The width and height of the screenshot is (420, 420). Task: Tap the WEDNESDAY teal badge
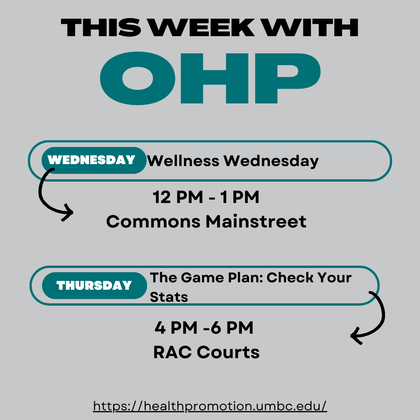[92, 160]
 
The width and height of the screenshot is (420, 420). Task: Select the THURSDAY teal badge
[94, 286]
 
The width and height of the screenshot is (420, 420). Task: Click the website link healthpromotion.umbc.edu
[210, 406]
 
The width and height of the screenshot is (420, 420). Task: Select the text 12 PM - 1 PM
[206, 198]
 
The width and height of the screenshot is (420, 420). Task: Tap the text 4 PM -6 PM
[204, 328]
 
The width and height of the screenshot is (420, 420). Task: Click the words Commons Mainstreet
[206, 222]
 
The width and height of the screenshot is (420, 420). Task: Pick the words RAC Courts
[206, 352]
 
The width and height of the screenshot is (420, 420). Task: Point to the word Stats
[169, 297]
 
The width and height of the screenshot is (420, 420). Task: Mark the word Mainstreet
[256, 222]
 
